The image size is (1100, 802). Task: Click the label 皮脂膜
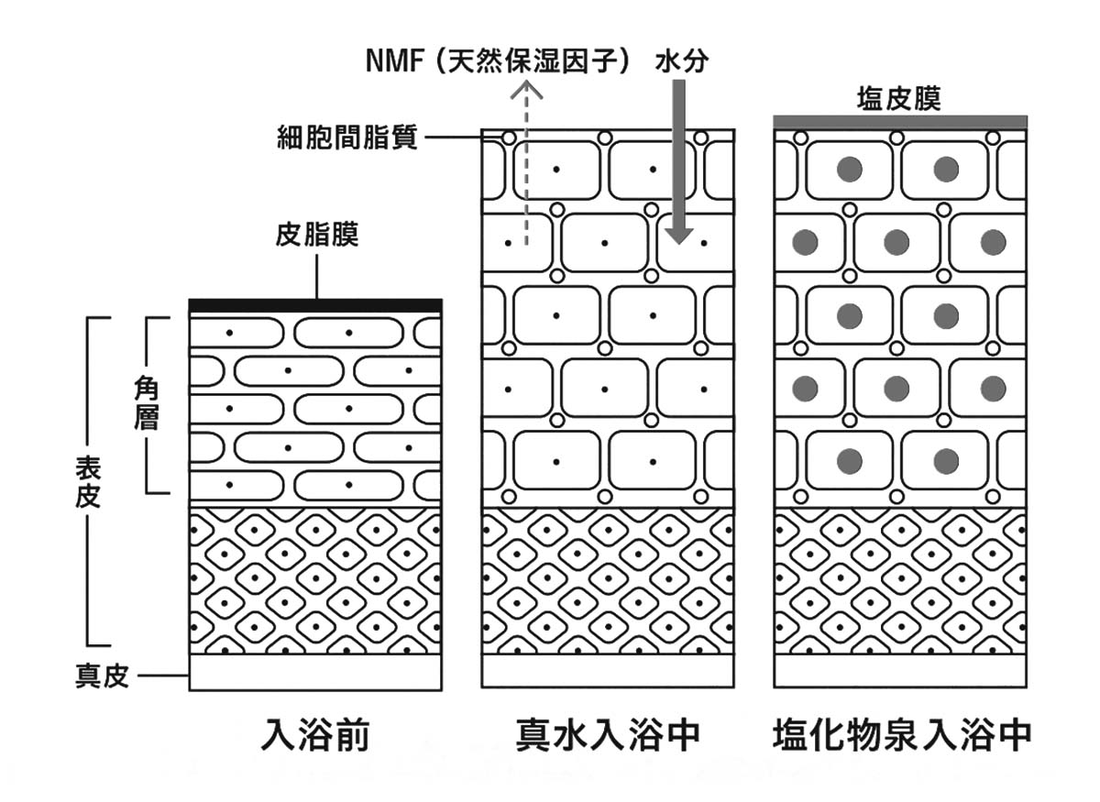316,236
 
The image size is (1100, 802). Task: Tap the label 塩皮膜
898,98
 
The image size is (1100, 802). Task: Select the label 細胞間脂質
347,138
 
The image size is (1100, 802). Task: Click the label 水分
682,63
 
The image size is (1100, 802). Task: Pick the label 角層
146,404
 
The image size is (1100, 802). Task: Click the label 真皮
101,677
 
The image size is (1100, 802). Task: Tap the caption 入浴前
315,735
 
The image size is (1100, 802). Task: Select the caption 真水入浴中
608,735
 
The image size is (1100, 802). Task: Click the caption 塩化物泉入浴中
902,735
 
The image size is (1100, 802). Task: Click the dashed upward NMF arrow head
527,90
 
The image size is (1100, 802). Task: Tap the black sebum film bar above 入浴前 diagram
315,305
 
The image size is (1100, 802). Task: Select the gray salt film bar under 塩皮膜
899,122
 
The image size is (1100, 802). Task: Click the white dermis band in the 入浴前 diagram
315,671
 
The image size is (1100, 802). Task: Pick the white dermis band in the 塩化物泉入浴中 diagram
899,671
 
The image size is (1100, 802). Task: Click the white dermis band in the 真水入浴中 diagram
608,671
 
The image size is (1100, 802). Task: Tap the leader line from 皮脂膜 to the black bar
316,275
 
